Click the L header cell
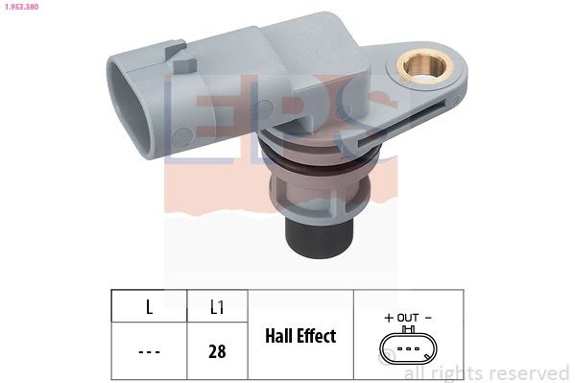[149, 308]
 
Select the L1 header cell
[217, 308]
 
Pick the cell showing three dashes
[149, 351]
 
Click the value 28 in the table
[217, 351]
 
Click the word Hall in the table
[279, 336]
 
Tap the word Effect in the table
[316, 336]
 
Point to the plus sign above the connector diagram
[389, 317]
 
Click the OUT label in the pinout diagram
[408, 317]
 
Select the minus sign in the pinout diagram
[428, 317]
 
